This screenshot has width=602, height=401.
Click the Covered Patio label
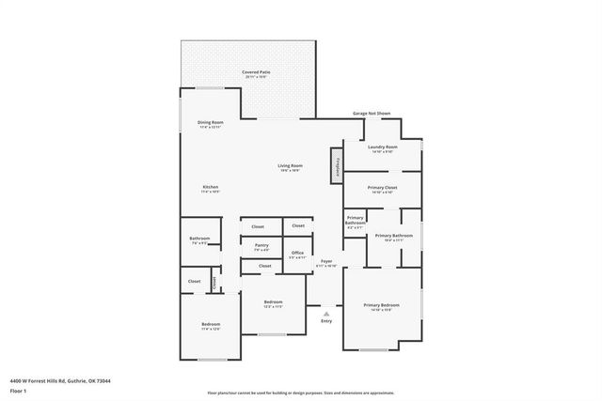pyautogui.click(x=249, y=71)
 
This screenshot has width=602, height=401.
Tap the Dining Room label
pyautogui.click(x=211, y=123)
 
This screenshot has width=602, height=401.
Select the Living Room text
pyautogui.click(x=289, y=167)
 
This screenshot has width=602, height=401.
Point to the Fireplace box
pyautogui.click(x=336, y=164)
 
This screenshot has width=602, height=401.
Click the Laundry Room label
pyautogui.click(x=383, y=147)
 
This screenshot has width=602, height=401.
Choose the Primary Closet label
pyautogui.click(x=382, y=188)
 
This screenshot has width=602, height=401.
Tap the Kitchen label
pyautogui.click(x=211, y=187)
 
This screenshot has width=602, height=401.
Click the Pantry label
pyautogui.click(x=261, y=245)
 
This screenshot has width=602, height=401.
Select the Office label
pyautogui.click(x=297, y=253)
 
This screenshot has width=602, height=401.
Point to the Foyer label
pyautogui.click(x=326, y=261)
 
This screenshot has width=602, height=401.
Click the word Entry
pyautogui.click(x=326, y=321)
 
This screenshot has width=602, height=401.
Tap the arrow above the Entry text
pyautogui.click(x=326, y=313)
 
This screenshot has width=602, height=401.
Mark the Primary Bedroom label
pyautogui.click(x=382, y=305)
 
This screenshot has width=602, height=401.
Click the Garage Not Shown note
pyautogui.click(x=372, y=113)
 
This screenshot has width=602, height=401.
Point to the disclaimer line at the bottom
pyautogui.click(x=301, y=393)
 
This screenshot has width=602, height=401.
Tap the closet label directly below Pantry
pyautogui.click(x=265, y=266)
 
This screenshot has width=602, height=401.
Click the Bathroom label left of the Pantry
pyautogui.click(x=199, y=239)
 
